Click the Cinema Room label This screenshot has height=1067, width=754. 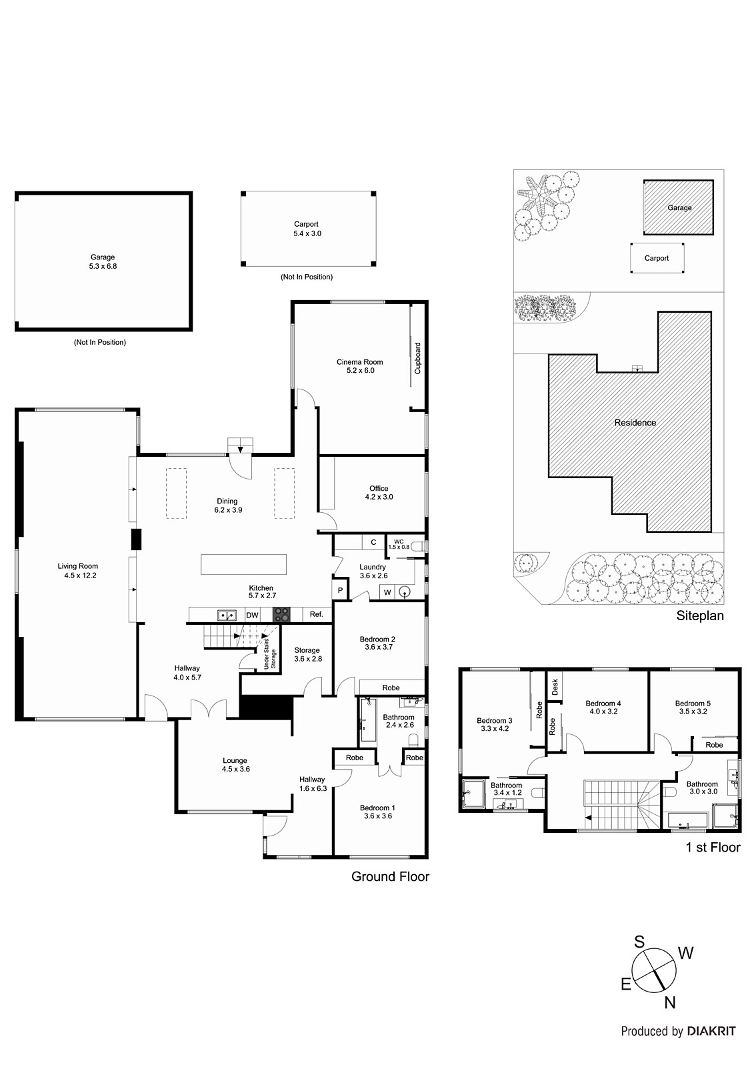coord(359,366)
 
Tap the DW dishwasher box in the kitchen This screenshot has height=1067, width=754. coord(252,615)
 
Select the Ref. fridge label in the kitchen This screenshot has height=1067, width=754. coord(316,614)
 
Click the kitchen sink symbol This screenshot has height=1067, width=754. coord(227,615)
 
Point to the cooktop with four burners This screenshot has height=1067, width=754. coord(281,615)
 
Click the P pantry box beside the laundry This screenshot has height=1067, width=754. coord(340,590)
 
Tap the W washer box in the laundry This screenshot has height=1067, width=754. coord(387,592)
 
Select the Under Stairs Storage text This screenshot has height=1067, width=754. coord(269,654)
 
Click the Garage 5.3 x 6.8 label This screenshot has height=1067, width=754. coord(103,261)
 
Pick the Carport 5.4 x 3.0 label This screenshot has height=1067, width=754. coord(307,229)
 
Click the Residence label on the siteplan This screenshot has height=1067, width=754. coord(635,422)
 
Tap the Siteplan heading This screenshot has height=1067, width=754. coord(699,616)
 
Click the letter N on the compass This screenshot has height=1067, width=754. coord(670,1002)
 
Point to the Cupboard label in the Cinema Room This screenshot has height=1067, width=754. coord(418,358)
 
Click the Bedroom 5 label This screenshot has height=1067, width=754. coord(693,707)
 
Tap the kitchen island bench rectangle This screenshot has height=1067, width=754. coord(243,564)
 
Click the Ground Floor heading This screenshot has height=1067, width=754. coord(390,876)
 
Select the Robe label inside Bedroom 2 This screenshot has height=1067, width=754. coord(391,688)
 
